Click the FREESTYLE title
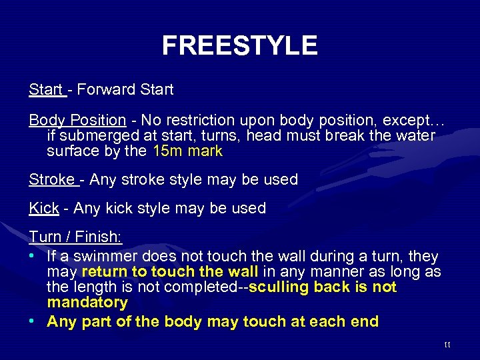point(239,45)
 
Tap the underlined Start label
point(45,89)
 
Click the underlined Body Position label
point(77,121)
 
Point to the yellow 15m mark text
point(187,151)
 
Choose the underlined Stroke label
point(51,180)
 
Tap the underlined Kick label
point(44,209)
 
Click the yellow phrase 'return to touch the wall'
point(169,272)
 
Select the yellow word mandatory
point(87,303)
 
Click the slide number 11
point(447,345)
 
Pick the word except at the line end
point(415,121)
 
